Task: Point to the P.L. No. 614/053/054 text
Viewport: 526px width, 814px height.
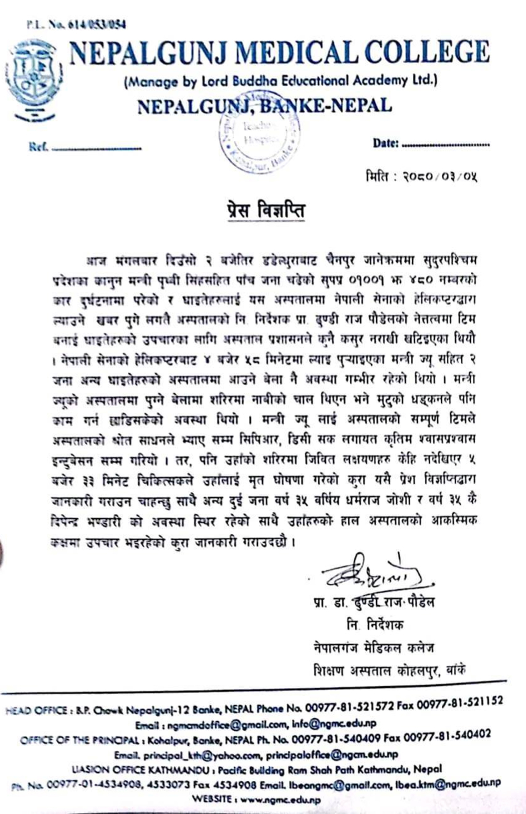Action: [x=76, y=24]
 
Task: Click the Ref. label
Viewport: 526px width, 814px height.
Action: [x=38, y=147]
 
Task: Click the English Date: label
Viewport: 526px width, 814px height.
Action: [x=386, y=143]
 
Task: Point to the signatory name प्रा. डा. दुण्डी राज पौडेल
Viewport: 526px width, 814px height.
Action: [x=373, y=602]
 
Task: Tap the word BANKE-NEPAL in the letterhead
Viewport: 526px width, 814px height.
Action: [x=326, y=106]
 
